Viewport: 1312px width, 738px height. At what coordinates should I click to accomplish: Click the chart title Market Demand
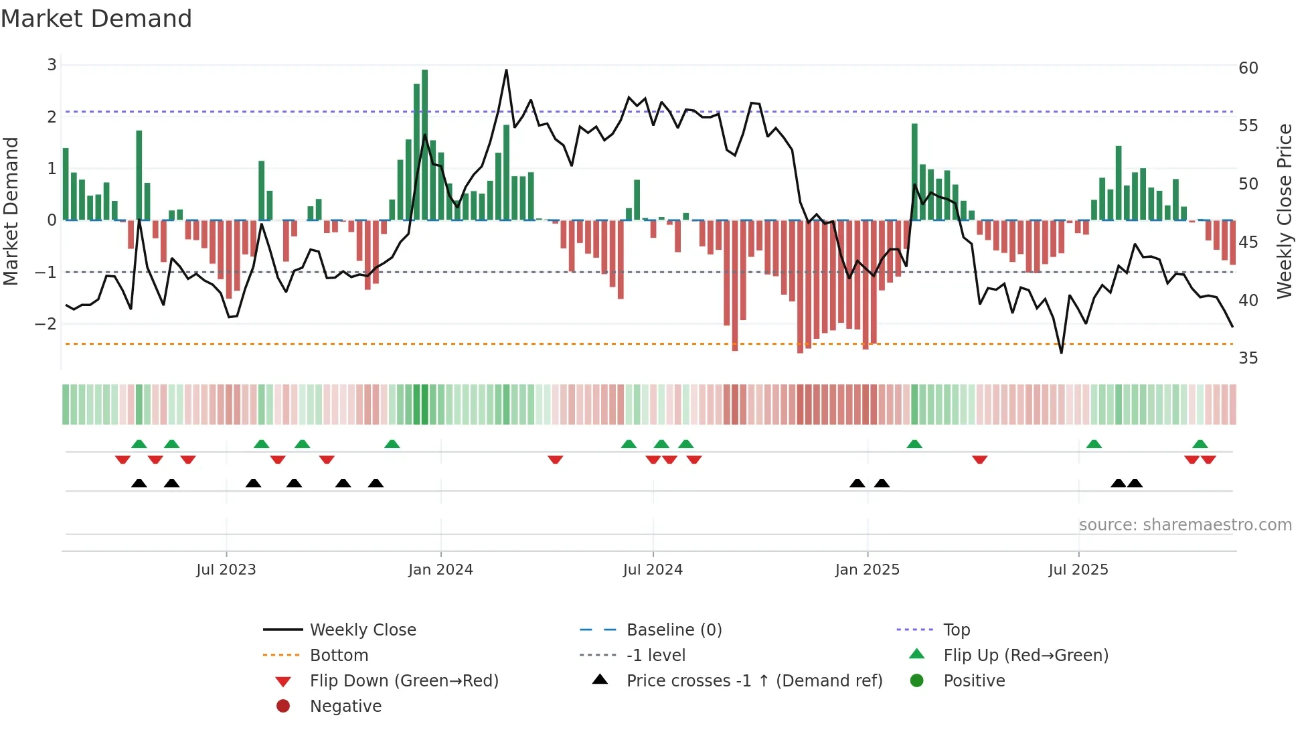tap(96, 19)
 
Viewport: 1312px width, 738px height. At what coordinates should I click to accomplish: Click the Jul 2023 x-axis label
tap(226, 570)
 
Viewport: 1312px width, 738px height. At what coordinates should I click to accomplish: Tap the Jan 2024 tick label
tap(440, 570)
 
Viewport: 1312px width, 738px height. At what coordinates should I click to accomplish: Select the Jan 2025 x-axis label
tap(867, 570)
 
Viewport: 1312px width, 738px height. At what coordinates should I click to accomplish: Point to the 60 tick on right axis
tap(1248, 68)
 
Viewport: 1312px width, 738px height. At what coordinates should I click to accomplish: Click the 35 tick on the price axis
tap(1248, 358)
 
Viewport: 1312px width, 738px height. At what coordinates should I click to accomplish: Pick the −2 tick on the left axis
tap(46, 324)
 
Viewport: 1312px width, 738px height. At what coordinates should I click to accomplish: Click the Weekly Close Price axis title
tap(1284, 211)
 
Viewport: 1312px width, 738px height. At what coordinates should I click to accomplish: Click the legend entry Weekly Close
tap(362, 630)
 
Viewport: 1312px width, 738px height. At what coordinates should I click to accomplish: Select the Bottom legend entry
tap(339, 656)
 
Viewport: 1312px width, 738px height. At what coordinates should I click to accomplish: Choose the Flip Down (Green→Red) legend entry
tap(404, 681)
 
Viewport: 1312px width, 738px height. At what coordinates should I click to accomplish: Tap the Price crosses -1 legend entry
tap(754, 681)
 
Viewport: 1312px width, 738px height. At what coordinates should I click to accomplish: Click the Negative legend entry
tap(345, 707)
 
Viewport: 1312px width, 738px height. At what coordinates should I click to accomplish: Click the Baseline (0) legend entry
tap(673, 630)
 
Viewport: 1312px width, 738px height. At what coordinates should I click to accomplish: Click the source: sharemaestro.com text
tap(1185, 525)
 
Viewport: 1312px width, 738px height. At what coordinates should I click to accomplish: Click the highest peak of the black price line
tap(506, 70)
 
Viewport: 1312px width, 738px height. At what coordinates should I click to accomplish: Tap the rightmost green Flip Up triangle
tap(1200, 444)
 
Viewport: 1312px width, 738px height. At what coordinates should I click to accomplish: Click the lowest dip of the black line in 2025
tap(1061, 352)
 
